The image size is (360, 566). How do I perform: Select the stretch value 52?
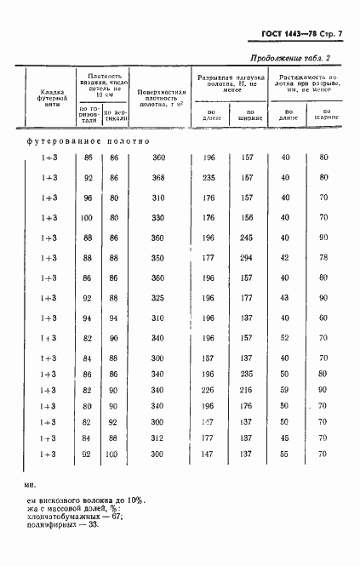click(x=285, y=338)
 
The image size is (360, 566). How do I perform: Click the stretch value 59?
click(x=285, y=389)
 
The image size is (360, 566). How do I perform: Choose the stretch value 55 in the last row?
click(x=285, y=454)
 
